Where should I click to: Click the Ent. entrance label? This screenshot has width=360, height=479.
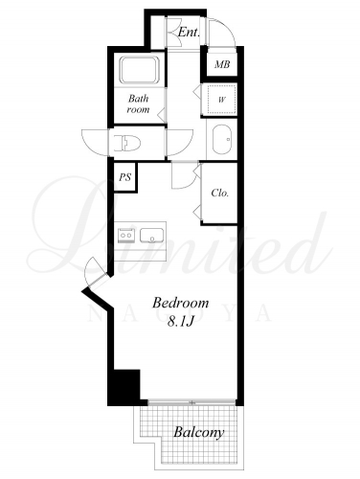[189, 32]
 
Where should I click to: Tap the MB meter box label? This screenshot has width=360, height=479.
[222, 64]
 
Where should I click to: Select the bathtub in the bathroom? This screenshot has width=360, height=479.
[140, 70]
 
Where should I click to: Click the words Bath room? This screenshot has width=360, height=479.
[138, 103]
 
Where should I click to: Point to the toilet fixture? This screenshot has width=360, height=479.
[127, 143]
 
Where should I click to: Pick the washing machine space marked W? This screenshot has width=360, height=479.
[221, 100]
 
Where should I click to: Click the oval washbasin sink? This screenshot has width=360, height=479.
[222, 140]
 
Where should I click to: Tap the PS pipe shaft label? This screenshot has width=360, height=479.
[125, 177]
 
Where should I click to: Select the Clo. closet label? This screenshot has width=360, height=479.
[220, 193]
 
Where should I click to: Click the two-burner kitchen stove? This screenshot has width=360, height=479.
[126, 236]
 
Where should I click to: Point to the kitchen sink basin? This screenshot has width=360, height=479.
[152, 236]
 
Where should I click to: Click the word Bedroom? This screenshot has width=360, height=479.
[180, 303]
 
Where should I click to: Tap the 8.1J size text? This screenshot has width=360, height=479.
[181, 322]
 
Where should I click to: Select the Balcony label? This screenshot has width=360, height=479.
[198, 432]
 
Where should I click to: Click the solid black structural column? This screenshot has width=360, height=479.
[124, 386]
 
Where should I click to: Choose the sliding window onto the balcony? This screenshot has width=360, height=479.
[192, 402]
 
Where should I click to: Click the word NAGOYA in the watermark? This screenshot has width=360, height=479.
[180, 314]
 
